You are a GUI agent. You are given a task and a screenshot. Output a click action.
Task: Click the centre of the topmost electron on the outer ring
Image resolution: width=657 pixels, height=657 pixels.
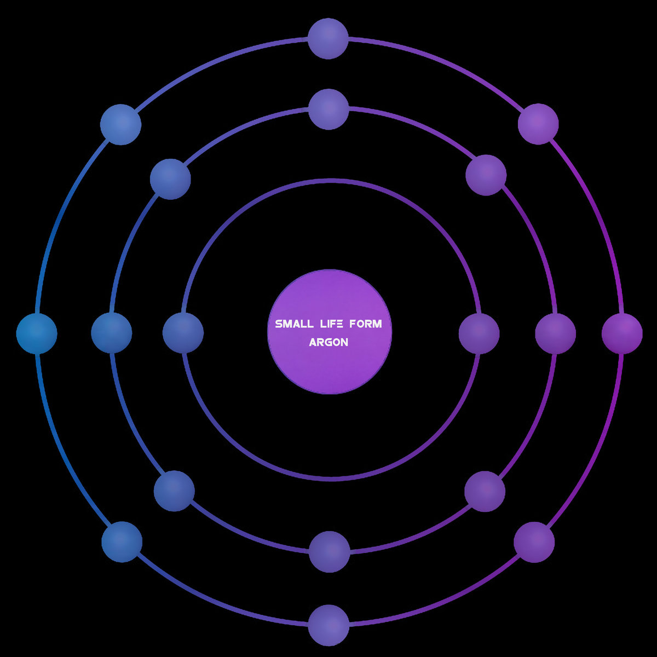coord(328,38)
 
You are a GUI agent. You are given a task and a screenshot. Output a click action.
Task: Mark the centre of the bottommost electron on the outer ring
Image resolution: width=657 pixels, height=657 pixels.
coord(328,625)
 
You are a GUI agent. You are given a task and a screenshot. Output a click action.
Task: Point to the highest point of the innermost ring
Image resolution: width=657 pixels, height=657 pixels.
coord(330,181)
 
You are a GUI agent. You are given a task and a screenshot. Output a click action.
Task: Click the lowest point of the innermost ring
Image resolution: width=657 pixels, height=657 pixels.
coord(330,479)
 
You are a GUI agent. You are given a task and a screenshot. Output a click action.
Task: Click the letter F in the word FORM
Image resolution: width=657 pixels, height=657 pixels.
coord(353,324)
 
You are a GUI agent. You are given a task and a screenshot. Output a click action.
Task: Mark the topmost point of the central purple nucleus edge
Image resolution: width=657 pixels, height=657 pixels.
coord(330,269)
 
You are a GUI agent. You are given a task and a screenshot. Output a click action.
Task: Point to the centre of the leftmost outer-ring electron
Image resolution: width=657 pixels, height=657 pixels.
coord(37,333)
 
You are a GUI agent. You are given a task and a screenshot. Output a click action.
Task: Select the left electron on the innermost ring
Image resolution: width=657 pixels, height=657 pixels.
coord(183,333)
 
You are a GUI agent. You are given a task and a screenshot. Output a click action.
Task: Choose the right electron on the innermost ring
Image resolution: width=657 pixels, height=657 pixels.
coord(479,333)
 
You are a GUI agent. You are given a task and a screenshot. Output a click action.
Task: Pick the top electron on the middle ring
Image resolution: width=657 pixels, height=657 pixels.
coord(328,109)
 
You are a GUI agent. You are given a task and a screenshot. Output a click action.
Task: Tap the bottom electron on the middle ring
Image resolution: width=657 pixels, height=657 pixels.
coord(330,552)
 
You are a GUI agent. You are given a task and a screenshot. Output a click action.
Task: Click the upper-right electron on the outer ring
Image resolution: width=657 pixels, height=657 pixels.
coord(538,124)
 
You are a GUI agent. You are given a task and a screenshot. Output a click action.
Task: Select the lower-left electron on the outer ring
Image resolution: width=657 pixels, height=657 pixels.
coord(122,542)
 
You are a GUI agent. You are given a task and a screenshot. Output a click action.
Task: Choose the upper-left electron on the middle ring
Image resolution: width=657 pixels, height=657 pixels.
coord(170,179)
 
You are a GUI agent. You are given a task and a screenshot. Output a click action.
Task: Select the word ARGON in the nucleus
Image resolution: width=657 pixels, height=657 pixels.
coord(328,342)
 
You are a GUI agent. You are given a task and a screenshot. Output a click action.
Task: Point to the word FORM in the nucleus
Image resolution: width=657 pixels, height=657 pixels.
coord(366,324)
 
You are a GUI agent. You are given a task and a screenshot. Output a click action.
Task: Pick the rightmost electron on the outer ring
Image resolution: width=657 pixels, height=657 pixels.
coord(622,333)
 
